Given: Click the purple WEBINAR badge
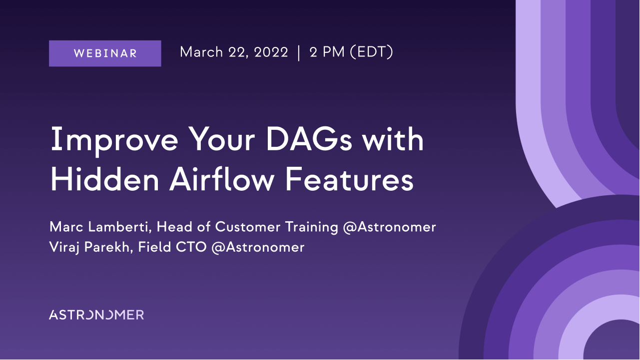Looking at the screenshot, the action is pos(105,53).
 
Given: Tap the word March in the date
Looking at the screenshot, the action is pos(201,52).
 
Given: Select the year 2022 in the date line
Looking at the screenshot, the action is pos(271,52).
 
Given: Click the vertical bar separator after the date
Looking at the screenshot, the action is pos(299,53).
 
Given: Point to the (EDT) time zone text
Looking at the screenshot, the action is pos(371,52).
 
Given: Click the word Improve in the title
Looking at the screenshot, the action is pos(114,140).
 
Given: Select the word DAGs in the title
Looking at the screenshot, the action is pos(309,139).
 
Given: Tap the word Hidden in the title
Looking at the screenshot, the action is pos(104,179).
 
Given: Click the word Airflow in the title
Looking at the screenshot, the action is pos(222,179).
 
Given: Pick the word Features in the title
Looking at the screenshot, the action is pos(349,179).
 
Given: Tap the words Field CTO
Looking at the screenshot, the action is pos(172,247).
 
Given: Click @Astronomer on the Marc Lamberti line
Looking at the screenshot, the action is pos(389,227).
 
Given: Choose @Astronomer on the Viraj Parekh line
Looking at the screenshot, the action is pos(258,247).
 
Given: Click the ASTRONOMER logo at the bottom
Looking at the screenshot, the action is pos(96,315).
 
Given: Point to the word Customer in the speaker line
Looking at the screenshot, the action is pos(248,227).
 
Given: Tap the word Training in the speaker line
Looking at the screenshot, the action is pos(312,228).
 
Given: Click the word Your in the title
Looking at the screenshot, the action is pos(221,139).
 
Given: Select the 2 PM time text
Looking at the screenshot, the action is pos(327,52).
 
